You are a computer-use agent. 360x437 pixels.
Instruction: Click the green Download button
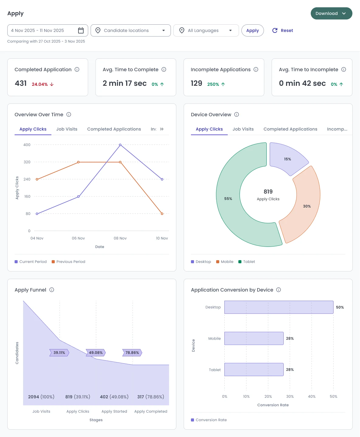[x=331, y=13]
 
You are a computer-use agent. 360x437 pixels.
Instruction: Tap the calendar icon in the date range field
[x=81, y=30]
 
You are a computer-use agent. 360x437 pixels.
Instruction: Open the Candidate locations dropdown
[x=130, y=30]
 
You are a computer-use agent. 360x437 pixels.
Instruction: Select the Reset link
[x=282, y=30]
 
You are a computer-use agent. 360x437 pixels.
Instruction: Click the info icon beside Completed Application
[x=77, y=69]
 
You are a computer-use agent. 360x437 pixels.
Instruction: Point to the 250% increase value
[x=213, y=84]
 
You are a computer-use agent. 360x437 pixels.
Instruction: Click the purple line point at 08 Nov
[x=120, y=145]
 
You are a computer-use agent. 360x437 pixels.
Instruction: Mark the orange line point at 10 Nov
[x=162, y=214]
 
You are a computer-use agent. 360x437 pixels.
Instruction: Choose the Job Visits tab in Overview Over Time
[x=67, y=129]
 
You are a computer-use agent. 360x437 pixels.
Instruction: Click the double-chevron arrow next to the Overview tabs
[x=162, y=129]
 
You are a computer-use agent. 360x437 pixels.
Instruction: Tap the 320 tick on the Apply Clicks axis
[x=27, y=162]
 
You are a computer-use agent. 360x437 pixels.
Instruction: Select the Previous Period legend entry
[x=68, y=262]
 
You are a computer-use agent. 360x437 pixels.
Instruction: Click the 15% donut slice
[x=288, y=159]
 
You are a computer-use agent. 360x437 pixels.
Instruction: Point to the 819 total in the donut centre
[x=268, y=191]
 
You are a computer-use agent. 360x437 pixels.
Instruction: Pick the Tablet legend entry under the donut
[x=247, y=262]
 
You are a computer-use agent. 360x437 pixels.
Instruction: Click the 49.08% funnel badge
[x=96, y=353]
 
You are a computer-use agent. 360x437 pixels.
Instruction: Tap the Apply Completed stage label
[x=151, y=411]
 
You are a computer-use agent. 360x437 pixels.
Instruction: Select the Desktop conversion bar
[x=279, y=307]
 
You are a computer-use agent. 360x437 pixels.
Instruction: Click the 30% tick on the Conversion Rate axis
[x=290, y=397]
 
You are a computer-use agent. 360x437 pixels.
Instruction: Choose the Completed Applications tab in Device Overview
[x=290, y=129]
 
